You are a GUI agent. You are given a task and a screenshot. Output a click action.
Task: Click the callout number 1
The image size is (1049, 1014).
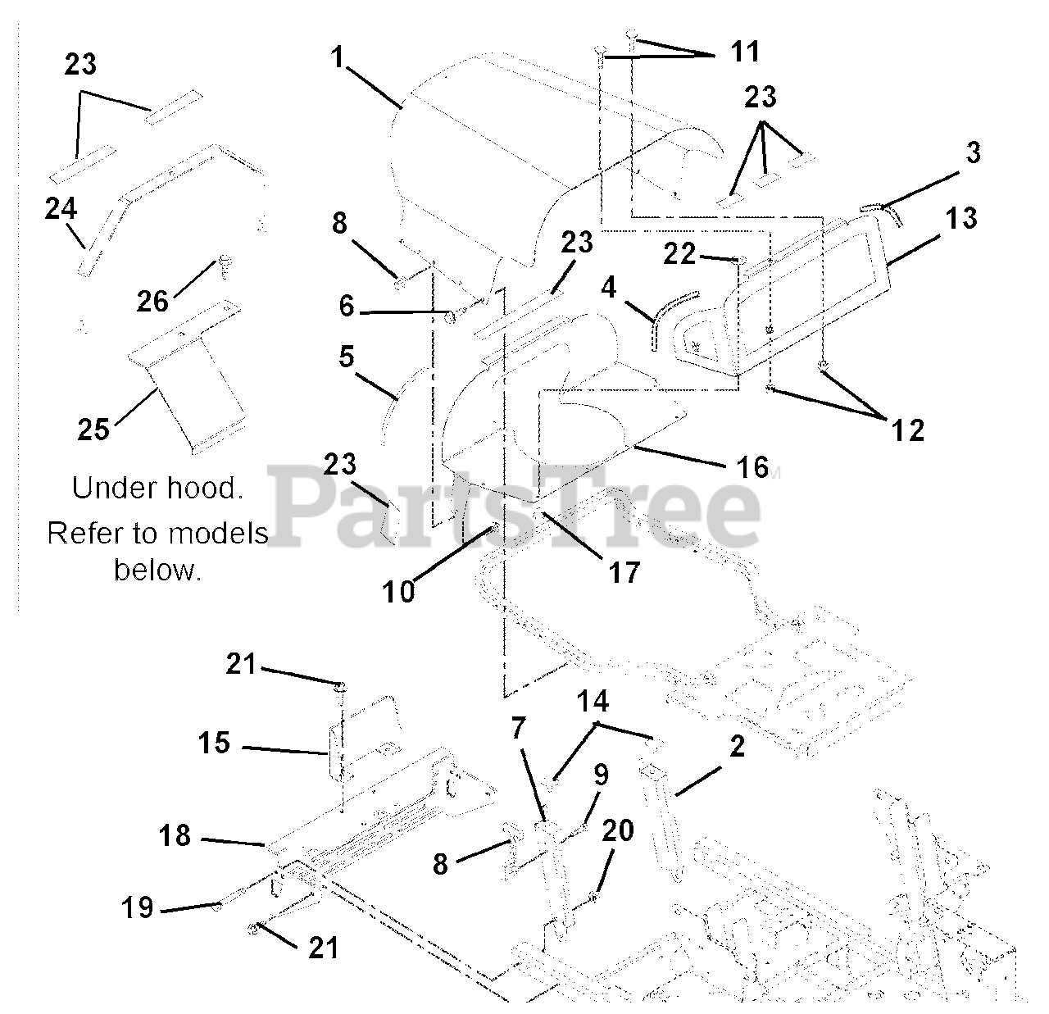point(338,57)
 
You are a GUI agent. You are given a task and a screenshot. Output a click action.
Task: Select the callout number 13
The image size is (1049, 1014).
point(961,218)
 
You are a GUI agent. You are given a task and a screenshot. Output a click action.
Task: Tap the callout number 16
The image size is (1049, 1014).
point(753,467)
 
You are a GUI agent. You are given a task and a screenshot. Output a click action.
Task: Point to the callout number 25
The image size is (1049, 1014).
point(93,429)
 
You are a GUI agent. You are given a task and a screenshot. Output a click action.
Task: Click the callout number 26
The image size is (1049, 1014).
point(153,301)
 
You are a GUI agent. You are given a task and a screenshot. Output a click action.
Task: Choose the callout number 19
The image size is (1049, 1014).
point(138,907)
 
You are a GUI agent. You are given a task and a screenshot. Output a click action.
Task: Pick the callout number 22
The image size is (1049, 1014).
point(679,253)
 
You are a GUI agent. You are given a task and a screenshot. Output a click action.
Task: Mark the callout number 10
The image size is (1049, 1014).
point(399,592)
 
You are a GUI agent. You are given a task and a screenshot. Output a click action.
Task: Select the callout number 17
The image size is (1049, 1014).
point(624,572)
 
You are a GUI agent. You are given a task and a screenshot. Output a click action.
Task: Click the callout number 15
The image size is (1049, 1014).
point(214,743)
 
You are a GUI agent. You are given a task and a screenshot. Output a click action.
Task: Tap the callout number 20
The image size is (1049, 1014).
point(618,830)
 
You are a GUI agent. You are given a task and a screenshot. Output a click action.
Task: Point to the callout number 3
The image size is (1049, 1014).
point(973,152)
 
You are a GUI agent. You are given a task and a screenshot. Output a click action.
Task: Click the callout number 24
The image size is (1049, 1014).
point(61,208)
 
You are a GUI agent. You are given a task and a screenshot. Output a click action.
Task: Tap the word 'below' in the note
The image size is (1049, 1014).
point(157,569)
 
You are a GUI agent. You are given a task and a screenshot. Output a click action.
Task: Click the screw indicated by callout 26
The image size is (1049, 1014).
point(223,267)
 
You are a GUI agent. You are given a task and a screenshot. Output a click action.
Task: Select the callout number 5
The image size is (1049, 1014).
point(347,357)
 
